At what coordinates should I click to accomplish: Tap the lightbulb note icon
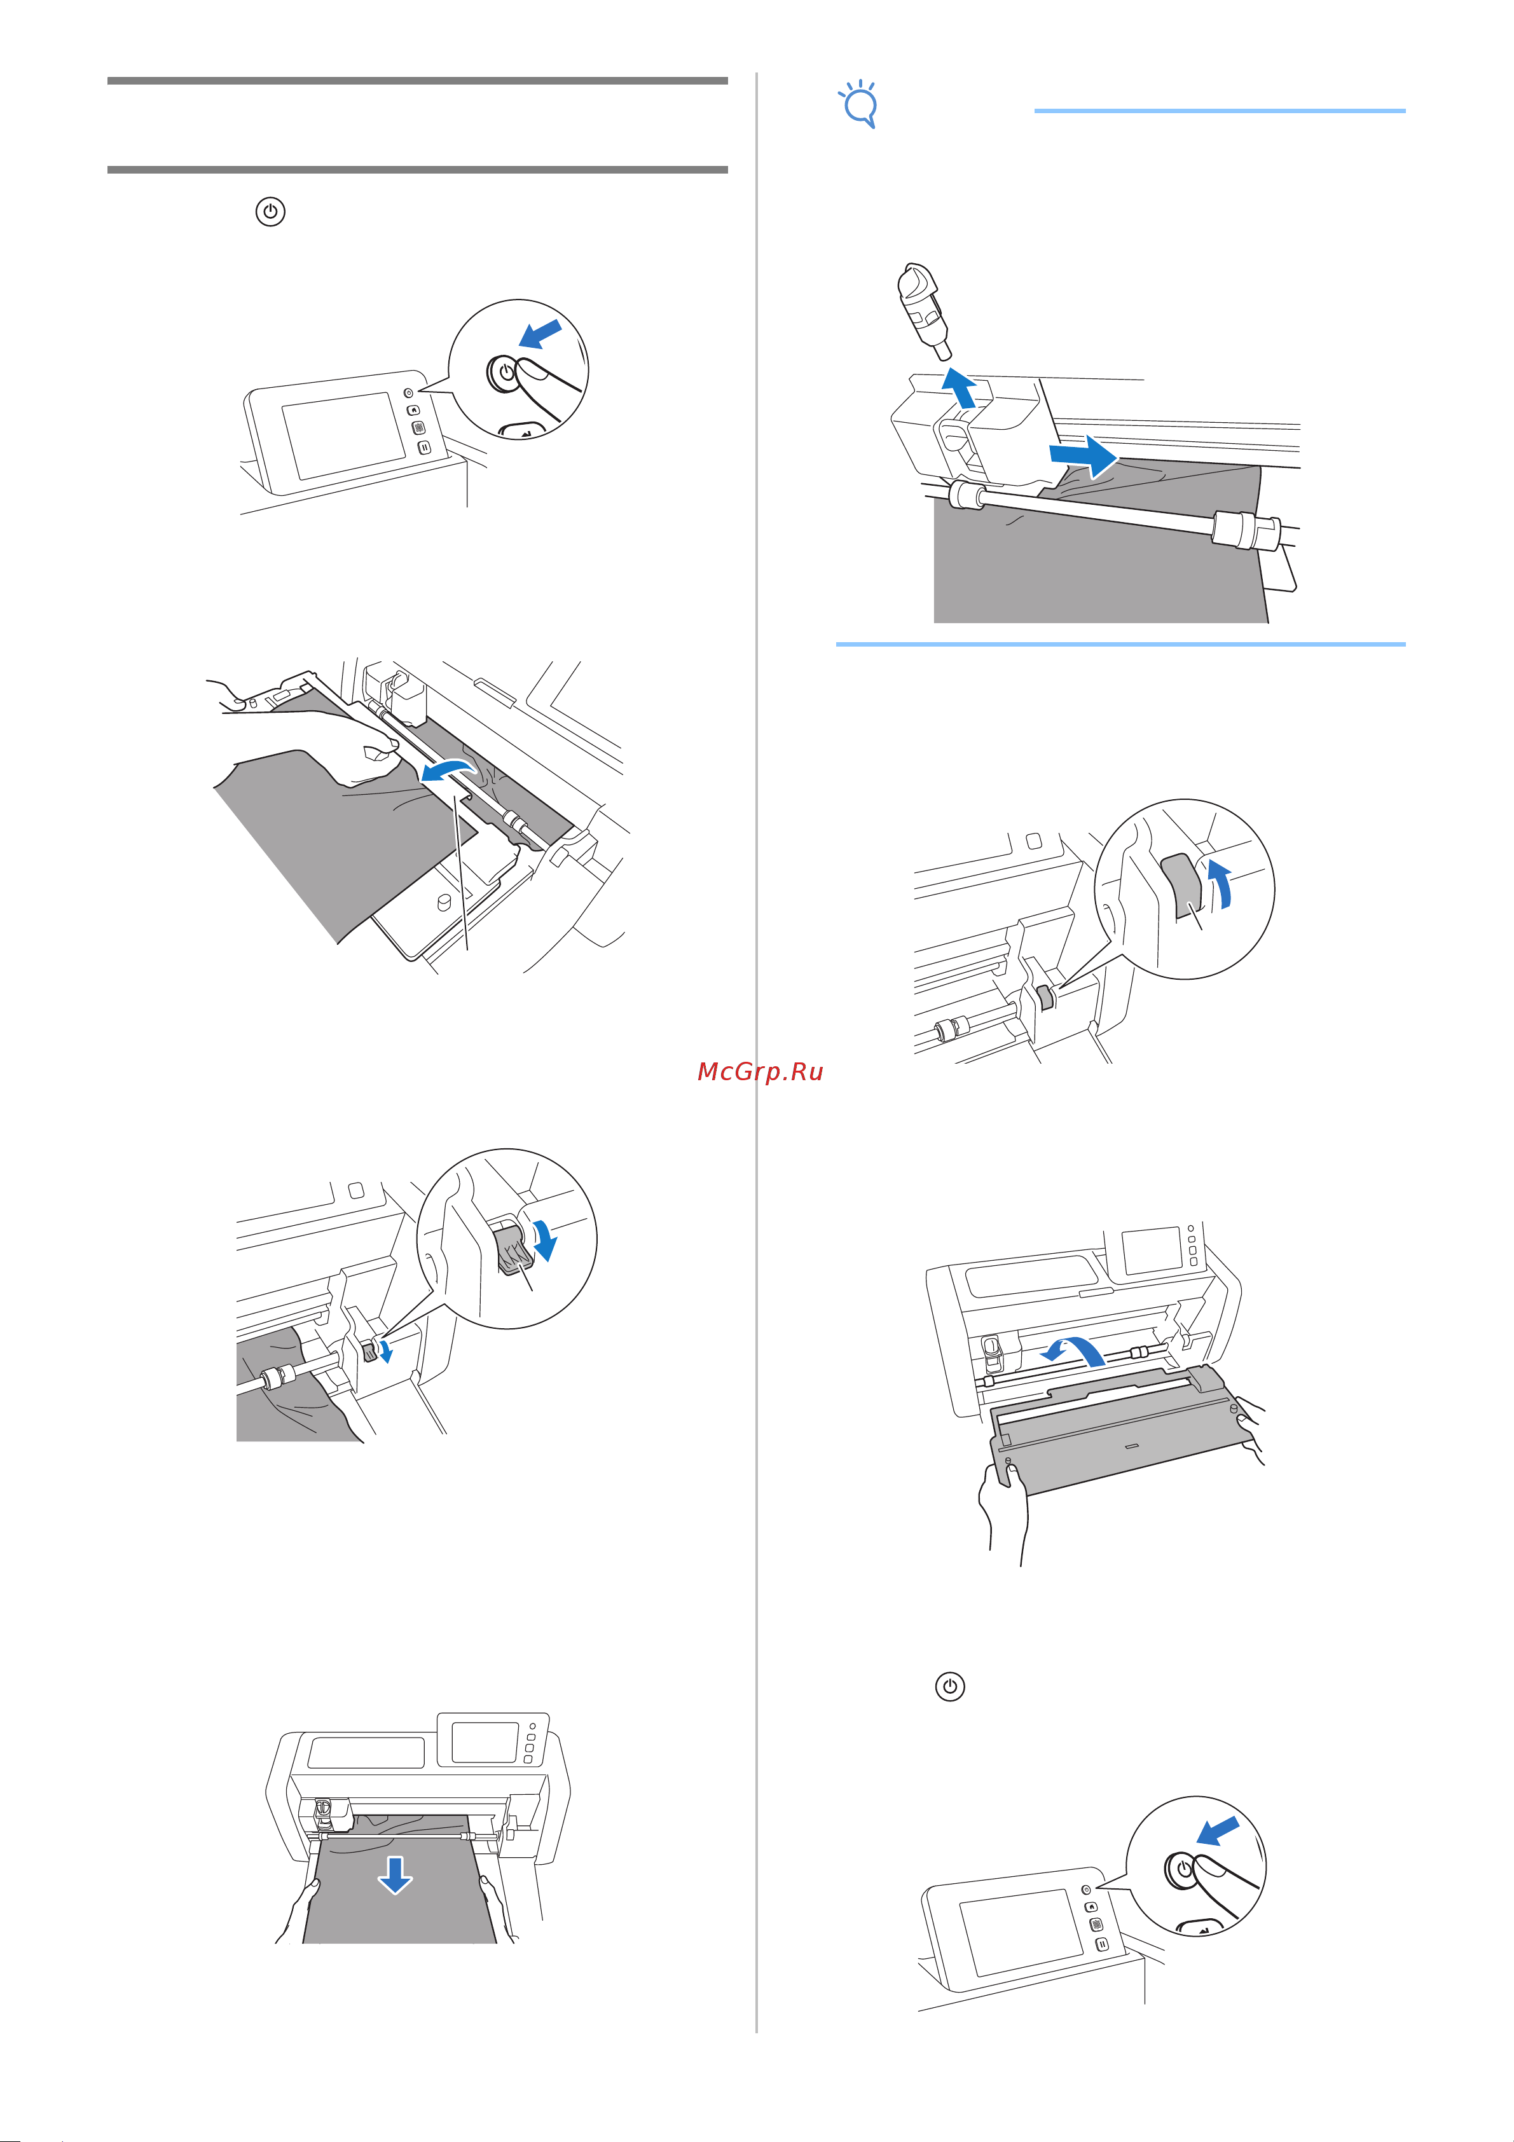(859, 104)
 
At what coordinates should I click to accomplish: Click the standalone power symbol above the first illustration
(270, 212)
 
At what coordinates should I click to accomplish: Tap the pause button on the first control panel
(423, 448)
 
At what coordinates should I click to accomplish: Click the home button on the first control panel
(414, 409)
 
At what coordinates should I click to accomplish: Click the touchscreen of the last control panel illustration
(1021, 1932)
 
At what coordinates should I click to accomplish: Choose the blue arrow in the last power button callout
(1217, 1829)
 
